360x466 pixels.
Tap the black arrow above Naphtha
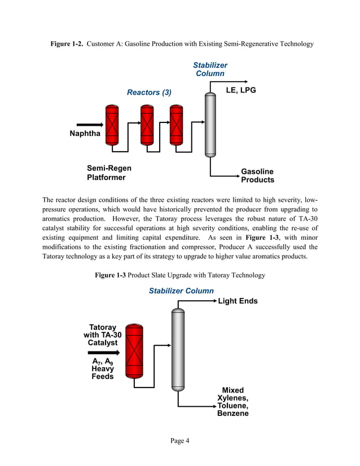tap(86, 125)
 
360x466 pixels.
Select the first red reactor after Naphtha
tap(112, 124)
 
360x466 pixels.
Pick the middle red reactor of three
tap(147, 124)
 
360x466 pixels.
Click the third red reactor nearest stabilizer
tap(177, 124)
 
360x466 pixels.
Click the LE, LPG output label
tap(241, 90)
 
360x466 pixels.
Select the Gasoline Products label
tap(257, 175)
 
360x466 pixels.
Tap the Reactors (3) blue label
tap(149, 92)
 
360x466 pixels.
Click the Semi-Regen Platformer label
tap(108, 173)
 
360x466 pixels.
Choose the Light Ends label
tap(238, 301)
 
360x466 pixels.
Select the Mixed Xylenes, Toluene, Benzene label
tap(232, 402)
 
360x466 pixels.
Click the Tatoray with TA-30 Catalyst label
tap(102, 335)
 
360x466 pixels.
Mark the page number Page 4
tap(179, 441)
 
